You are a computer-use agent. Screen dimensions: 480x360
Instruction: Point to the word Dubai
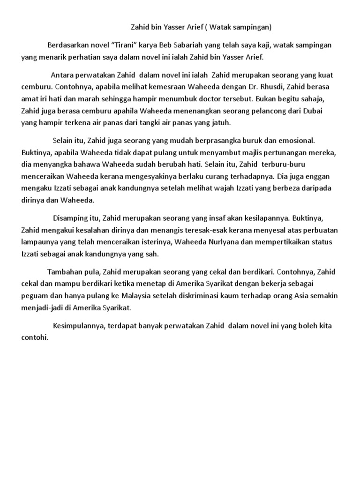pyautogui.click(x=312, y=111)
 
